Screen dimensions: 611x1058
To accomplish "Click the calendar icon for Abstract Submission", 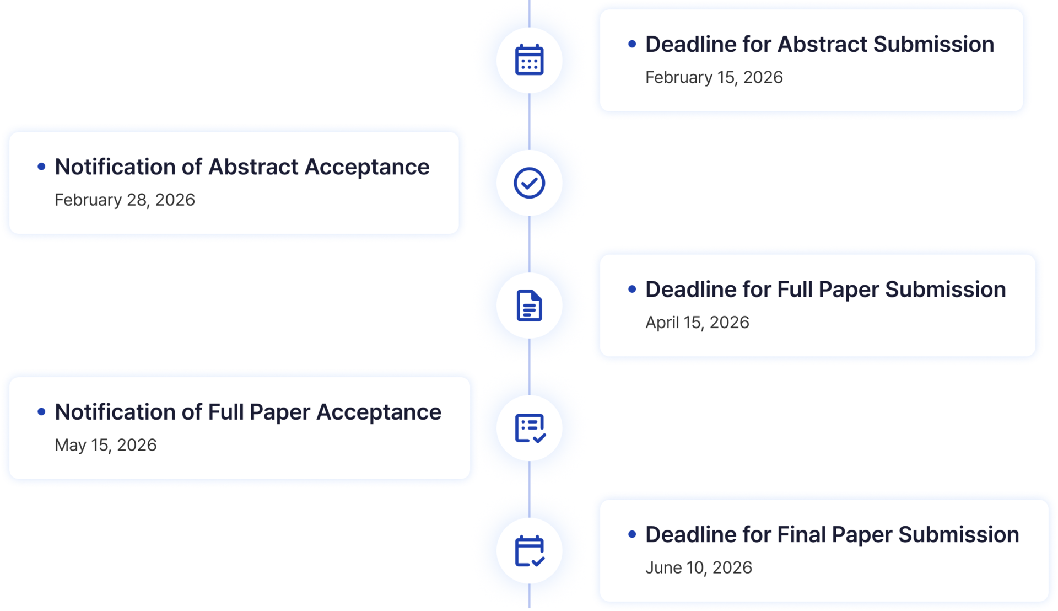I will [x=529, y=60].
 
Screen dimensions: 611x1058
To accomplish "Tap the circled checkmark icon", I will [x=529, y=183].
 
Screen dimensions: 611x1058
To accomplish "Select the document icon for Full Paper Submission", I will [x=529, y=305].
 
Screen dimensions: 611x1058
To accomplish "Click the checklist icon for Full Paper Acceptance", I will [x=529, y=428].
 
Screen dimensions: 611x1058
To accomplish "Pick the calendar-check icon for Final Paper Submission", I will [x=529, y=551].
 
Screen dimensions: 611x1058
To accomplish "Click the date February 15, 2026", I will [x=714, y=77].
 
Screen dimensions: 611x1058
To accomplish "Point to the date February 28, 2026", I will [x=125, y=200].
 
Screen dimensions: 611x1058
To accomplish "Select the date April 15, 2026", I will [x=697, y=323].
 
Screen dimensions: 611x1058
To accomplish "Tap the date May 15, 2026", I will [x=105, y=445].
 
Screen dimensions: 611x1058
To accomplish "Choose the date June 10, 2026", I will [x=698, y=567].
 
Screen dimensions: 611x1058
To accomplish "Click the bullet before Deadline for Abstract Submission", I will [x=632, y=44].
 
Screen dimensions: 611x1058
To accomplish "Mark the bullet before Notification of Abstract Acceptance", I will [x=41, y=167].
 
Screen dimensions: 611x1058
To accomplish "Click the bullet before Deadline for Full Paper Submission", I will [x=632, y=289].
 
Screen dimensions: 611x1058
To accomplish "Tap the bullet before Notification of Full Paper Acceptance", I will [x=41, y=412].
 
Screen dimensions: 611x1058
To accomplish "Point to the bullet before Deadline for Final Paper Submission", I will [x=632, y=534].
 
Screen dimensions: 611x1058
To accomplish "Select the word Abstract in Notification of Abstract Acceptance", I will [x=253, y=167].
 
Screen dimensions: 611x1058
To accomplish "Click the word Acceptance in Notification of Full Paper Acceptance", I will [x=379, y=412].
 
